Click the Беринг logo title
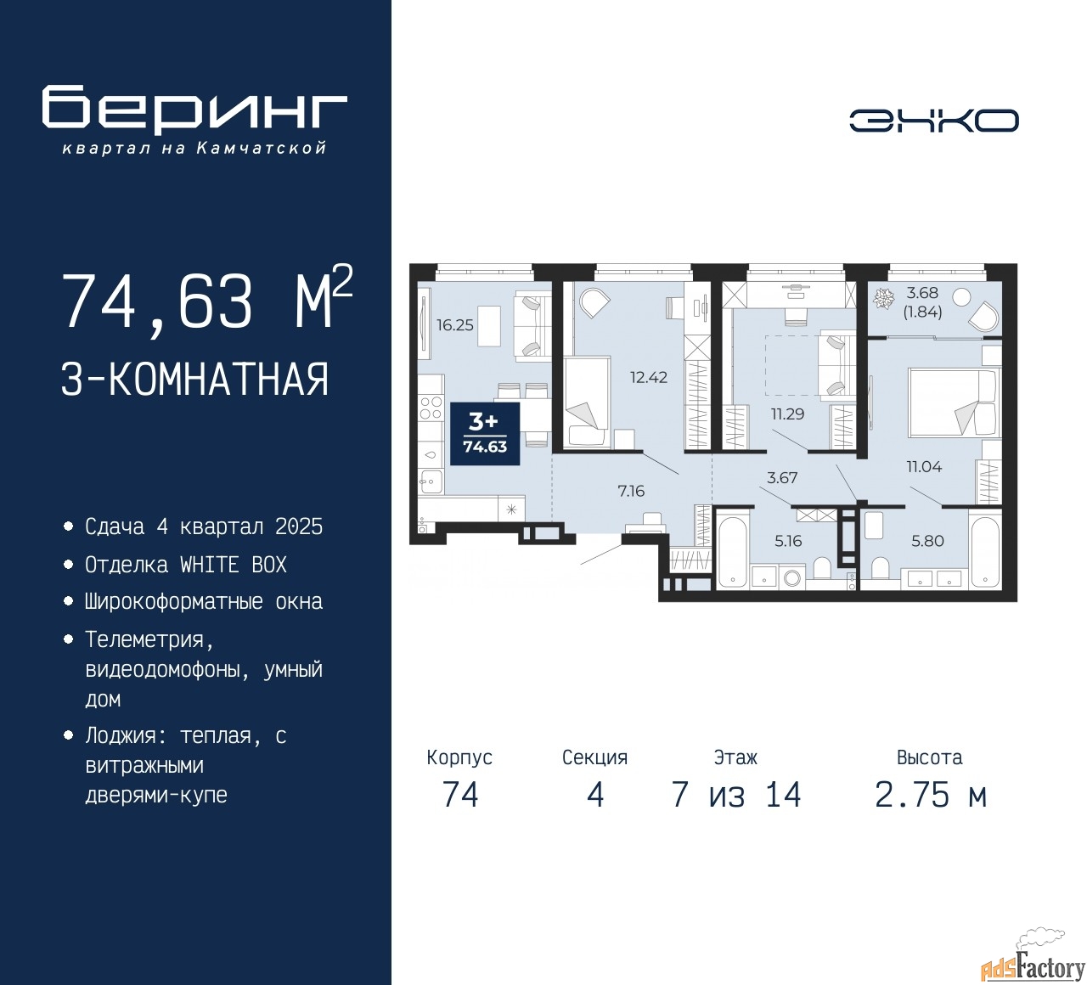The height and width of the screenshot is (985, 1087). coord(194,109)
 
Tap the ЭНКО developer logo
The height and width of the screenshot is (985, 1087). coord(933,121)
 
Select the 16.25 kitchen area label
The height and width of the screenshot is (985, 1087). coord(454,325)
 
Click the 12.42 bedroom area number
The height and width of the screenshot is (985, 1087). coord(649,377)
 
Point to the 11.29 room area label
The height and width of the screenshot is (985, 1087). coord(787,414)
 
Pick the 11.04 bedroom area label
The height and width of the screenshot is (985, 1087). coord(924,466)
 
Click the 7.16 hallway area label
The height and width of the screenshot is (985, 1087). coord(631,491)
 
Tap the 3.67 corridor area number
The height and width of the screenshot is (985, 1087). coord(782,477)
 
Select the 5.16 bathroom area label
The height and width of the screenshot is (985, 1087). coord(788,541)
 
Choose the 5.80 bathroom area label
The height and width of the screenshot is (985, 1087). coord(927,541)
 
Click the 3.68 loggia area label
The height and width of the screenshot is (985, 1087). coord(922,293)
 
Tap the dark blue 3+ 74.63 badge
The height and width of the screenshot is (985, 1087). coord(485,433)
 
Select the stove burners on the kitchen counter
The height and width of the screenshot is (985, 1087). coord(431,408)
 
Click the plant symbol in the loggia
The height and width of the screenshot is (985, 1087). coord(883,299)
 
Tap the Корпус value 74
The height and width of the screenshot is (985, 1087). coord(460,795)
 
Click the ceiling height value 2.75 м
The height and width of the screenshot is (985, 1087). coord(931,795)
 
